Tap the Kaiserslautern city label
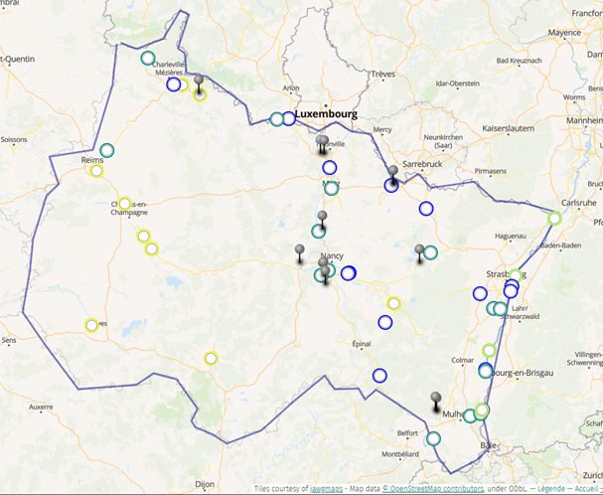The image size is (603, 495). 508,128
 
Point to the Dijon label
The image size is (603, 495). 205,484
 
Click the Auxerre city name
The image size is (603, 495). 41,407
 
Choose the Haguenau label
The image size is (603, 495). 510,236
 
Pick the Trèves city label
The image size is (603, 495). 382,74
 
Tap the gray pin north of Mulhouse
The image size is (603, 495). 435,400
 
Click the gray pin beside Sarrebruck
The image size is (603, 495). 393,172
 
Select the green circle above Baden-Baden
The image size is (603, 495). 554,219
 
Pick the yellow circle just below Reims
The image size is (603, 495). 96,171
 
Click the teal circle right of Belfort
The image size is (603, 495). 433,438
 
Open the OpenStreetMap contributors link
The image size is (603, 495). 431,488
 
